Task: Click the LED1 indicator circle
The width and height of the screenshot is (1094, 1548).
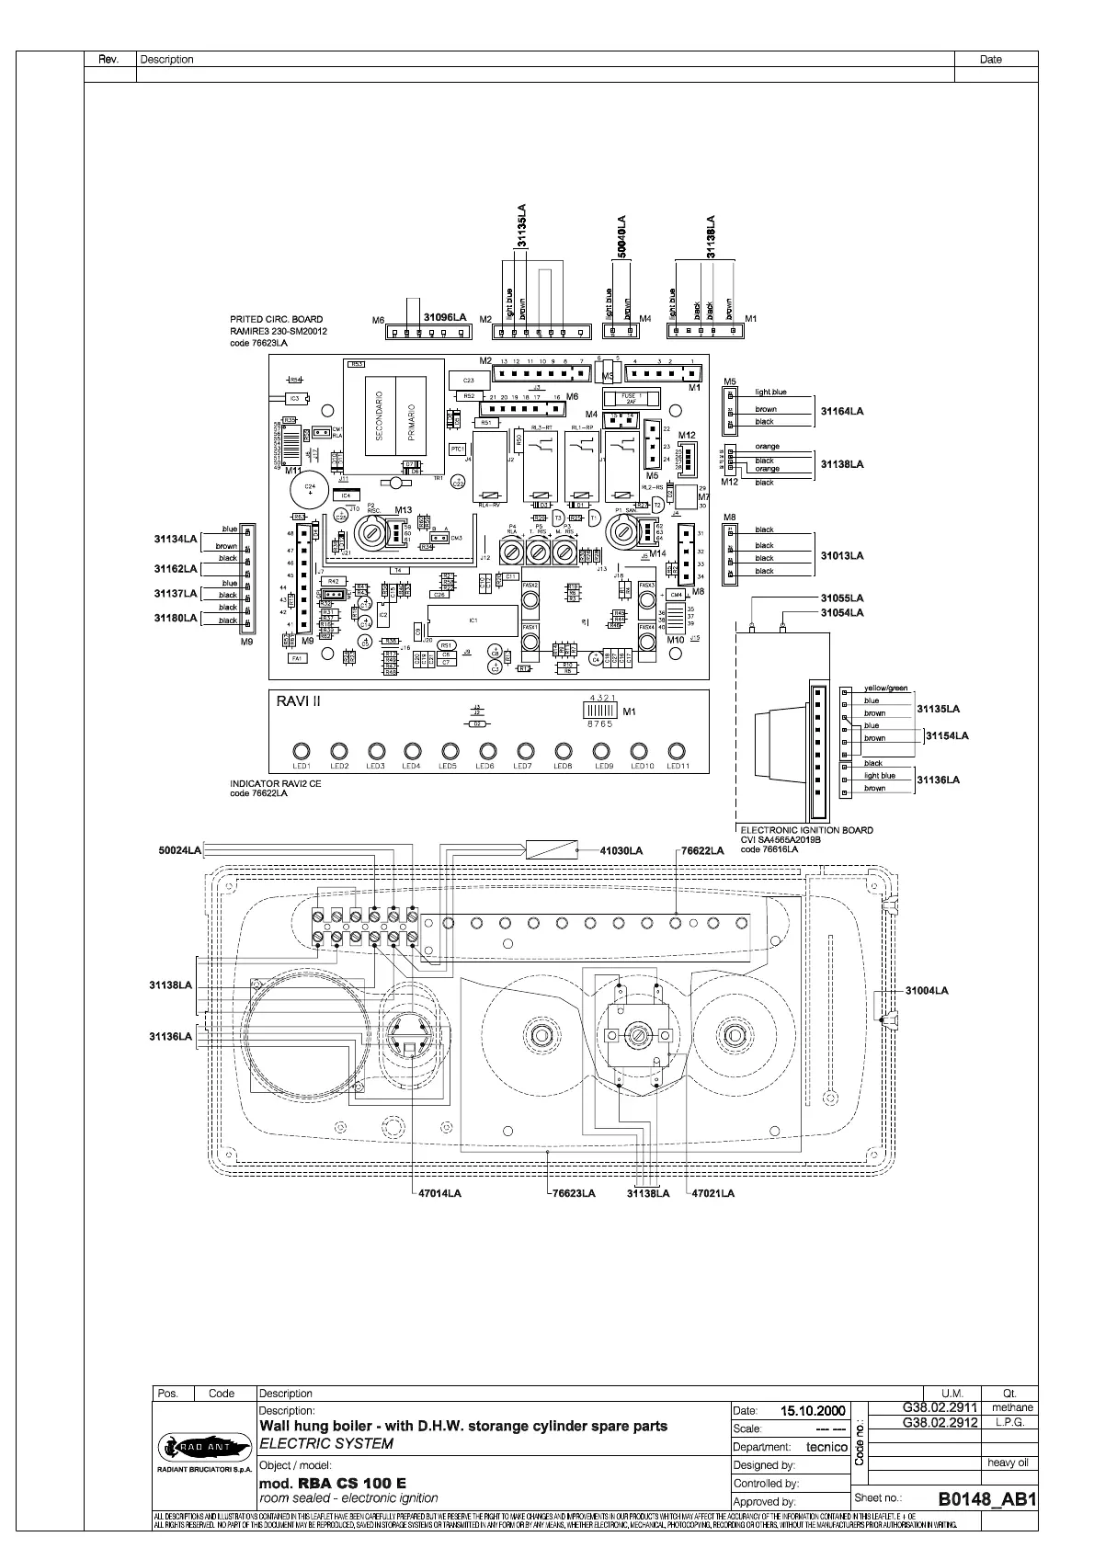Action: pos(302,749)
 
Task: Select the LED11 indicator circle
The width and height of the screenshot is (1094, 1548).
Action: pos(677,749)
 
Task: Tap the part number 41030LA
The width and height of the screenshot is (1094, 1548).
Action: pos(621,850)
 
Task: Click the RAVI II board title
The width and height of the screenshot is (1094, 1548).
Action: pos(299,701)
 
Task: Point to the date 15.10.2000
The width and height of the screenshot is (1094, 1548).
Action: pos(813,1410)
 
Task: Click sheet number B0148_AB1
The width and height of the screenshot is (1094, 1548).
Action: pos(987,1499)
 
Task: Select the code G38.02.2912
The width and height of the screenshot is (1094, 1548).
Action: pos(939,1422)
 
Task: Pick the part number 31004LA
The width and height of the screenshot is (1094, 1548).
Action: pos(926,990)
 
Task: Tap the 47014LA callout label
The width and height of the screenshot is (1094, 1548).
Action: pos(439,1193)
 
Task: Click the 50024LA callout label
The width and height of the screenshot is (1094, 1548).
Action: pos(179,850)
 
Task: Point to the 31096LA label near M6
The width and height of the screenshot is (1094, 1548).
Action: pos(445,317)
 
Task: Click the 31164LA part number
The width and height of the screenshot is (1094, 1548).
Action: pos(842,412)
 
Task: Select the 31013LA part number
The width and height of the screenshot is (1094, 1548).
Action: pos(842,556)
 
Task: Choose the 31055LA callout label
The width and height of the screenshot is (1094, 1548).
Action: pos(842,598)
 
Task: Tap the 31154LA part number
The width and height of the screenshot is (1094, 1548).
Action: pos(947,735)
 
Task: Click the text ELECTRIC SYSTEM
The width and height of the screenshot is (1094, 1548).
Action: pos(326,1443)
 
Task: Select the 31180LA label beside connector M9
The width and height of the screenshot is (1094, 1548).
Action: pos(176,618)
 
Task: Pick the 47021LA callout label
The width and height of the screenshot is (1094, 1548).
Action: pos(713,1193)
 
